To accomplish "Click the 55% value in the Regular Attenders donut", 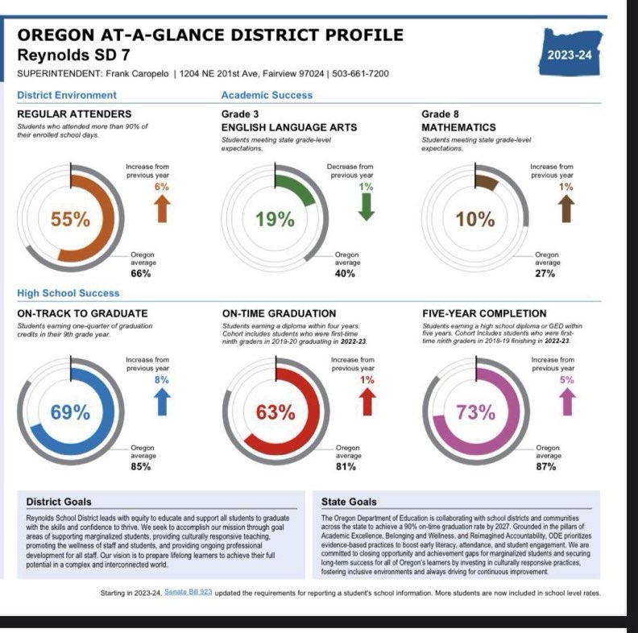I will (71, 219).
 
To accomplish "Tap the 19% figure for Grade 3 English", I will (275, 219).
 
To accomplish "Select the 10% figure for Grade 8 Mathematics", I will (475, 219).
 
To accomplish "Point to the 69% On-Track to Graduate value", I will (71, 412).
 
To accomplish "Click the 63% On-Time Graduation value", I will (275, 412).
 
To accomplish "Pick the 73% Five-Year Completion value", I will (475, 412).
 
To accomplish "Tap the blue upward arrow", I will (162, 400).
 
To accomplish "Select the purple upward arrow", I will (567, 400).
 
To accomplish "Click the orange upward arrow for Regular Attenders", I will (162, 207).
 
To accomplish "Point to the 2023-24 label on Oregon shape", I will (570, 56).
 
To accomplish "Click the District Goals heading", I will (59, 502).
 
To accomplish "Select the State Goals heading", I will (349, 502).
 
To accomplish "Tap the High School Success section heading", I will (68, 293).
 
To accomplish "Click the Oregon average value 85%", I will (141, 466).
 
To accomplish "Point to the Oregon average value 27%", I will (545, 273).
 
